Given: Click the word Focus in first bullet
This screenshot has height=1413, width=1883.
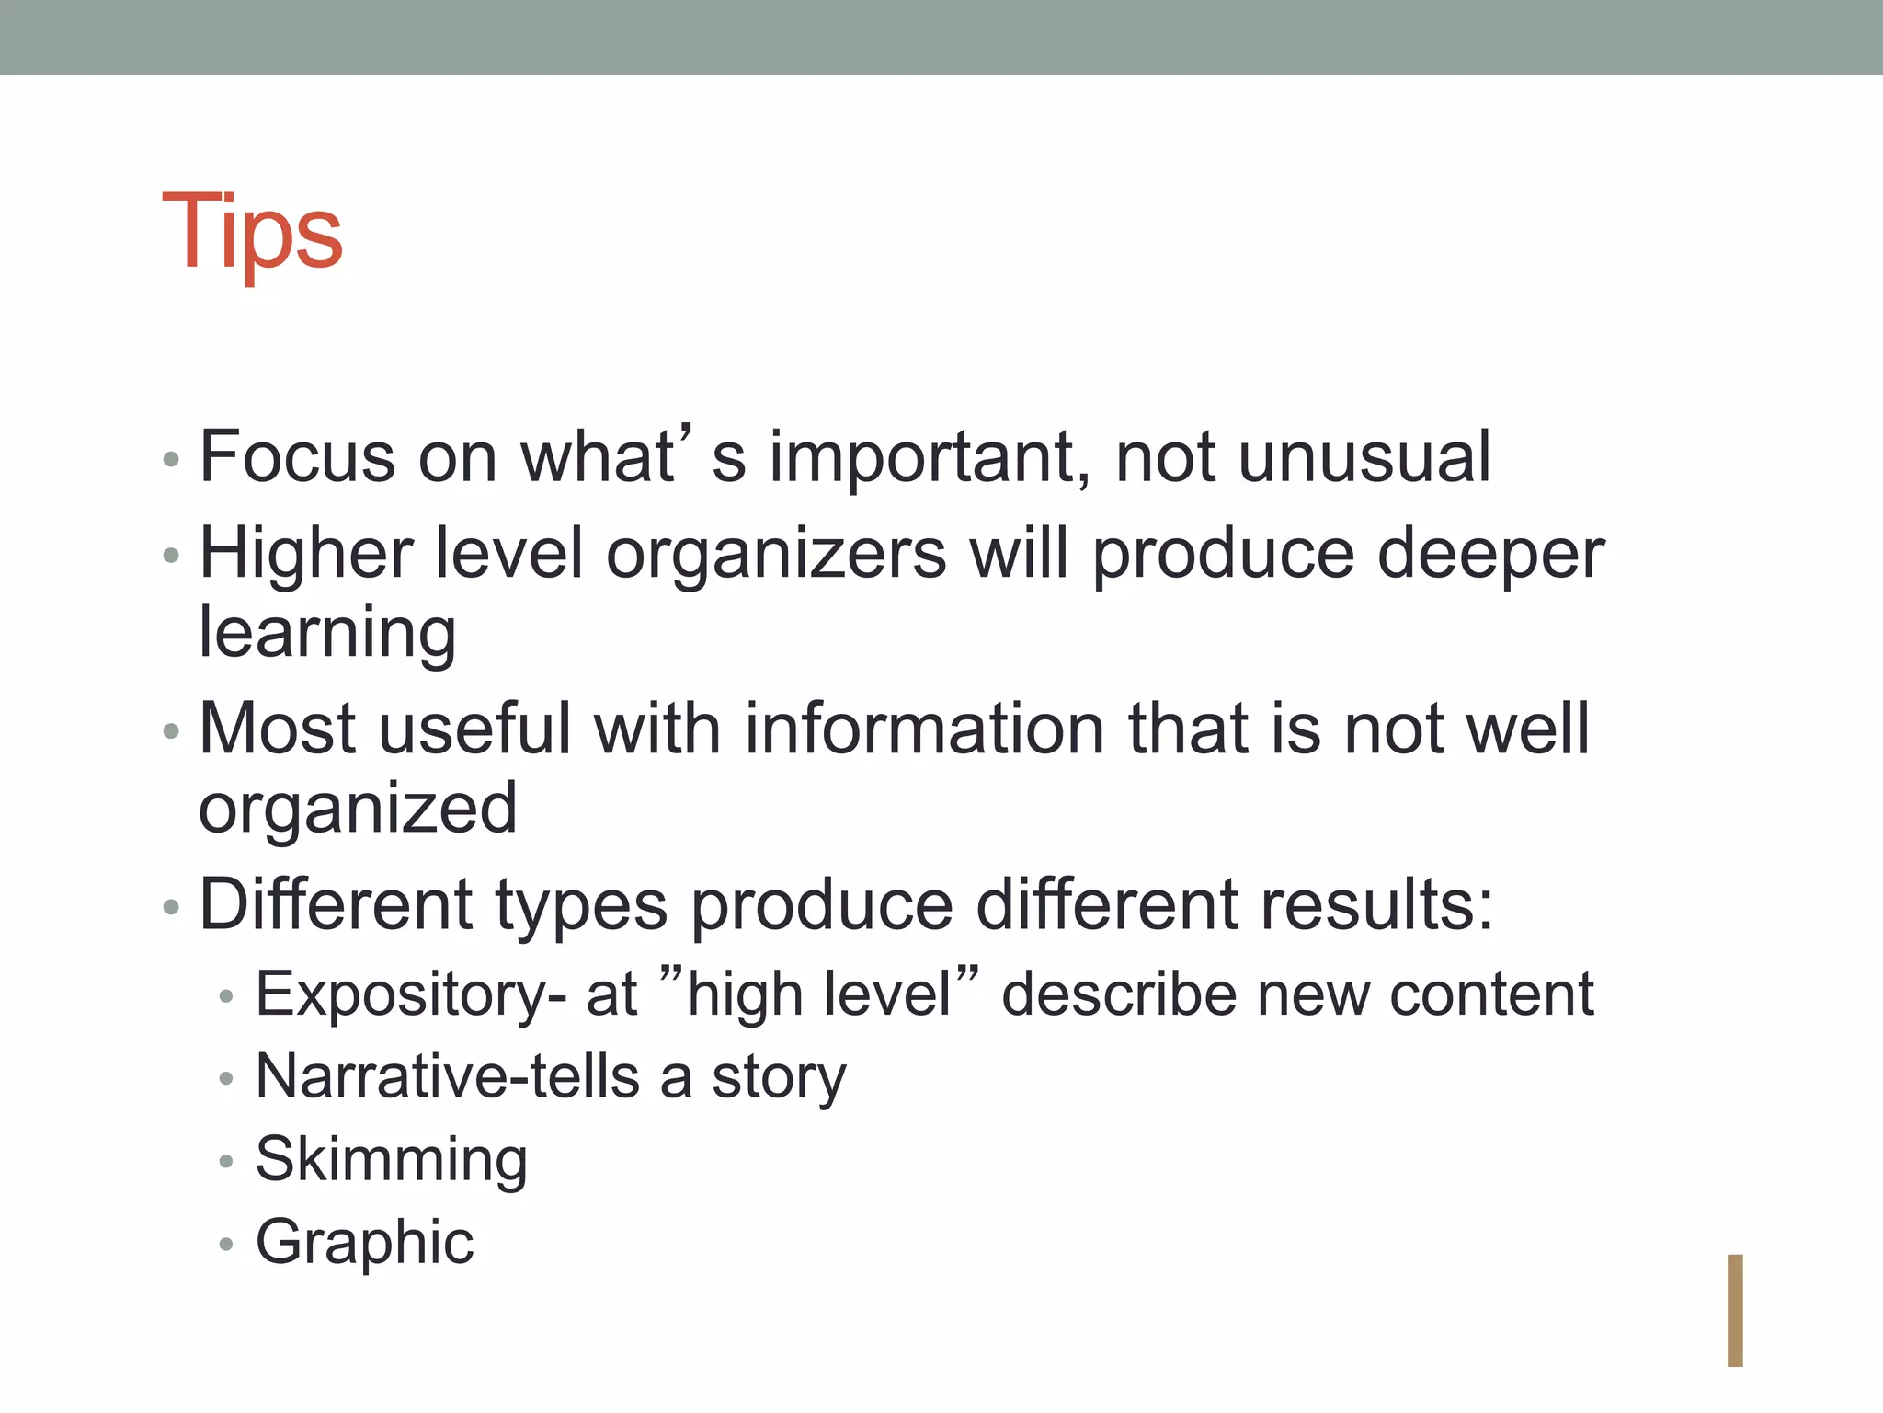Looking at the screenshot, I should tap(297, 456).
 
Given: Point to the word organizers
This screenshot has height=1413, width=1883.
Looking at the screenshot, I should tap(776, 556).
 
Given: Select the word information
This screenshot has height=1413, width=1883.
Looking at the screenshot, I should tap(924, 729).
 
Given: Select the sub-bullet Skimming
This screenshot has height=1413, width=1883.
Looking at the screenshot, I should tap(392, 1161).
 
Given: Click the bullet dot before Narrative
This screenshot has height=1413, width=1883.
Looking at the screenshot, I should tap(226, 1079).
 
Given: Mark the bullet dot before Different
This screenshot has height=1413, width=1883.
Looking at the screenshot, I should tap(170, 907).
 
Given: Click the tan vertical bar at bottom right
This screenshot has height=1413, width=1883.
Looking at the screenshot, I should tap(1734, 1310).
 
